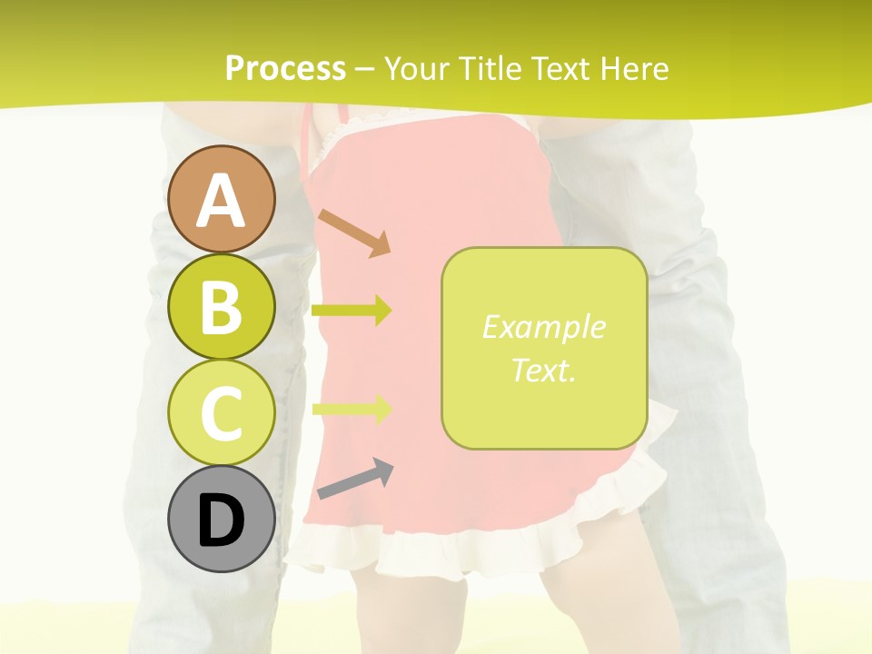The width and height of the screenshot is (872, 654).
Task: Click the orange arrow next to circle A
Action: [354, 233]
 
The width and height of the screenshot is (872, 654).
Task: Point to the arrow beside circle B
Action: [352, 311]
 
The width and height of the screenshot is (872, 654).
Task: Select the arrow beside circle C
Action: [352, 409]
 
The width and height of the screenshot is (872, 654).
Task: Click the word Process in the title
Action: [285, 68]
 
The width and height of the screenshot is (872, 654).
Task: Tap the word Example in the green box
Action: [543, 327]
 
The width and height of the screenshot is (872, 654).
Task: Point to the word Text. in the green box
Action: [543, 370]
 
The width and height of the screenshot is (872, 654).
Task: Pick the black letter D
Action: [221, 520]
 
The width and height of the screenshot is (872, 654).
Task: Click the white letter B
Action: [221, 306]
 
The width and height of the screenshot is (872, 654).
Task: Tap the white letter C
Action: [221, 413]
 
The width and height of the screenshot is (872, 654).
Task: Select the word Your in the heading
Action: [416, 68]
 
